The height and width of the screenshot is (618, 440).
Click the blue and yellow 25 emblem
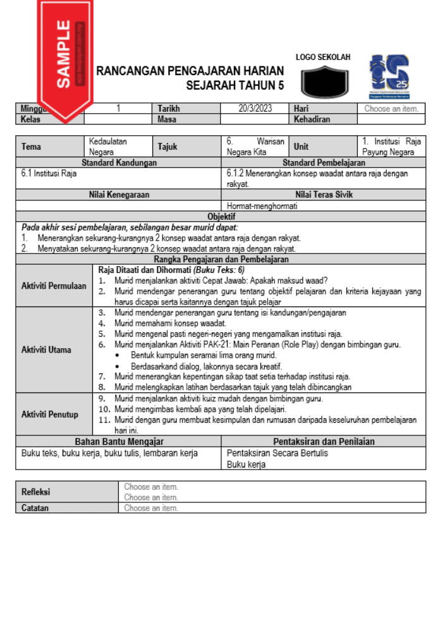[389, 76]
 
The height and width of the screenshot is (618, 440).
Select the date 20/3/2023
[255, 109]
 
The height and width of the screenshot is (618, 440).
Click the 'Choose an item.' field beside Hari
[391, 109]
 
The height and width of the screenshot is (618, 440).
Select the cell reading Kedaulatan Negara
[107, 147]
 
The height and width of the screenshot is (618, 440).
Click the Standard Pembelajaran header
[323, 162]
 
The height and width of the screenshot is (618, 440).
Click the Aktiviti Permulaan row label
[54, 286]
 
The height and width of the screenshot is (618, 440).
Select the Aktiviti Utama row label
[46, 349]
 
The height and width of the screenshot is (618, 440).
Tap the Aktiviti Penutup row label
[50, 415]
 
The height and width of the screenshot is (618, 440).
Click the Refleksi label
[35, 492]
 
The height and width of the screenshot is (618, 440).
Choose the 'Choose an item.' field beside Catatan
[151, 507]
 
